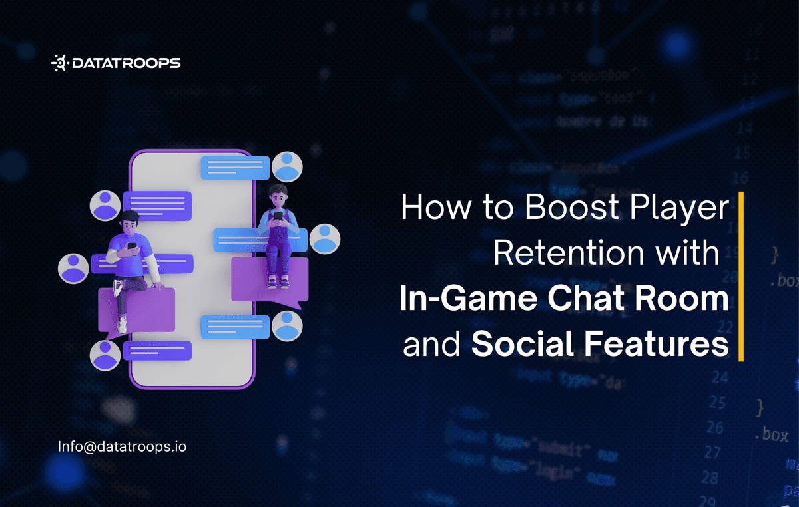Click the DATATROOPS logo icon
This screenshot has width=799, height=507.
[x=59, y=63]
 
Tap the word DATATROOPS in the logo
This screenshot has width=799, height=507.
[x=125, y=63]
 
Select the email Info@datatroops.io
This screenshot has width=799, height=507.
[x=122, y=446]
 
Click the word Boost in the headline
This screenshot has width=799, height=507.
[x=568, y=208]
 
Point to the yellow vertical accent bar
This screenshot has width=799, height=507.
[x=740, y=276]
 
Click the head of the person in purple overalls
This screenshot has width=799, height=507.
[x=278, y=196]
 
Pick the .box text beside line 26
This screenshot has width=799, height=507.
[x=771, y=435]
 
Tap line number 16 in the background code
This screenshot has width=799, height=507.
[x=740, y=178]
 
